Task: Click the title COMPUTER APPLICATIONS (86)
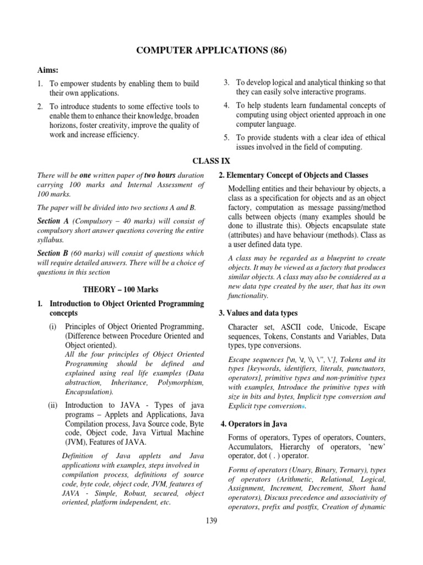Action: [x=211, y=51]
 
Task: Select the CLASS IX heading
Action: [x=211, y=161]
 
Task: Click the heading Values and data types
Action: [x=258, y=313]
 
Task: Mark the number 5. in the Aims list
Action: [x=226, y=137]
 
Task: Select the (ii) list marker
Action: [x=54, y=406]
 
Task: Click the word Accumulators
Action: [x=252, y=447]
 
